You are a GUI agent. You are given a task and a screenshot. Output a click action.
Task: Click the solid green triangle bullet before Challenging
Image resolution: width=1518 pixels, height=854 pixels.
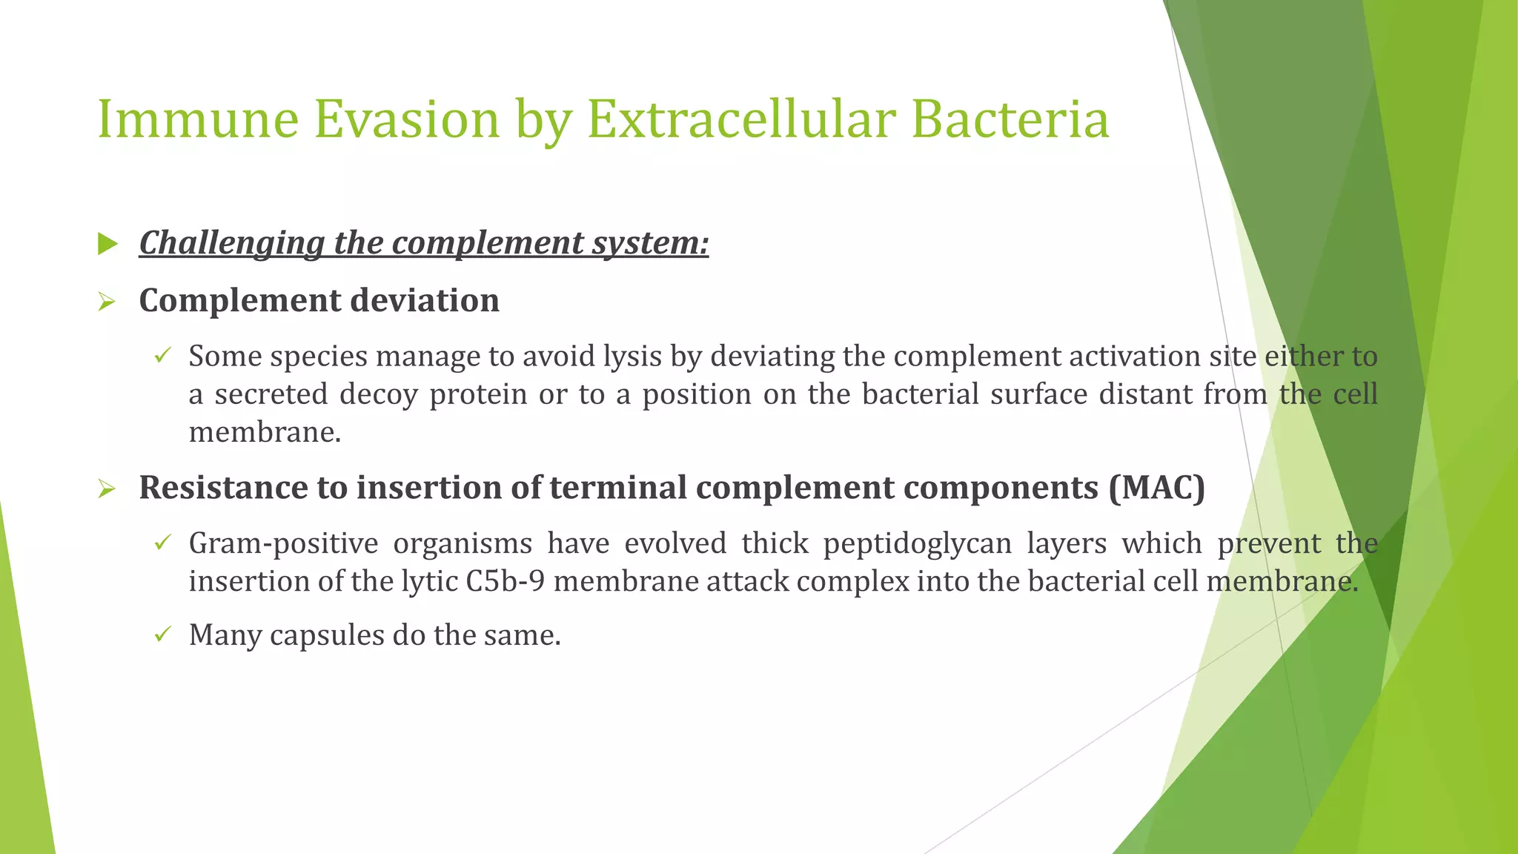coord(107,243)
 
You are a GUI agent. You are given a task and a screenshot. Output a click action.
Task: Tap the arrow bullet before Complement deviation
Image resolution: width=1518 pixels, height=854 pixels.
coord(107,302)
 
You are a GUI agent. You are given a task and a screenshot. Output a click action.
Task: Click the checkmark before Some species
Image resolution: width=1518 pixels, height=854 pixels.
coord(163,356)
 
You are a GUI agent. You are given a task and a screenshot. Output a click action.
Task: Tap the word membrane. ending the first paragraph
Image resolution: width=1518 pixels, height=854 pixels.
coord(265,432)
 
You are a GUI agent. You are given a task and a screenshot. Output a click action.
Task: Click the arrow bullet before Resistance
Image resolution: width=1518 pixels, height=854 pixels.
coord(107,489)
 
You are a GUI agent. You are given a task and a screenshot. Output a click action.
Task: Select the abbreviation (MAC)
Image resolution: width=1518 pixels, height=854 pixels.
coord(1157,488)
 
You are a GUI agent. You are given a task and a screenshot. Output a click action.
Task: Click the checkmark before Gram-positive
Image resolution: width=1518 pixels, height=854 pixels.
coord(163,543)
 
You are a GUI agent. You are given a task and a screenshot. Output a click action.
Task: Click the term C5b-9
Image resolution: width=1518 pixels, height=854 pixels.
coord(505,581)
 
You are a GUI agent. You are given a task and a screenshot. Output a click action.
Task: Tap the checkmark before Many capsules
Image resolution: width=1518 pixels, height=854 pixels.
coord(163,635)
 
